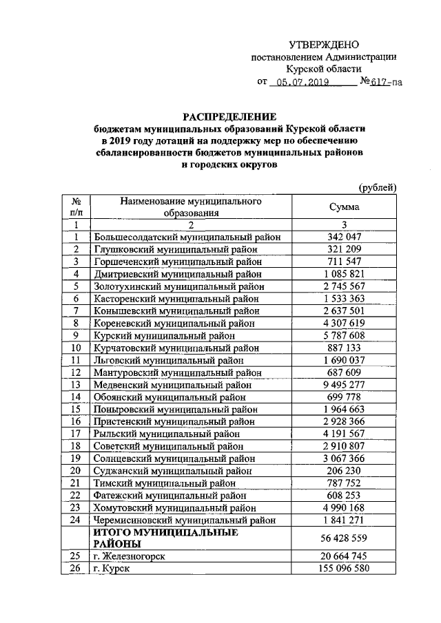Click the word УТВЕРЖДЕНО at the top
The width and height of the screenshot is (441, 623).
tap(323, 43)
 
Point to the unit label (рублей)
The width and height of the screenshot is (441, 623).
tap(378, 187)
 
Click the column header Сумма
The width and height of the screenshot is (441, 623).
tap(345, 207)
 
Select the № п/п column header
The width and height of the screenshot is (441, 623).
tap(77, 207)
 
